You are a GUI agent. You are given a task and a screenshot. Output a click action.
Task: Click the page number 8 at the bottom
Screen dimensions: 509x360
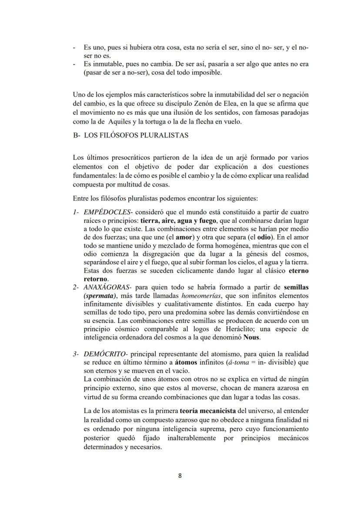(180, 475)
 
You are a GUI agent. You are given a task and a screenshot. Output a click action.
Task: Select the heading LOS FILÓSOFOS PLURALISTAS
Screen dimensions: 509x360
(136, 135)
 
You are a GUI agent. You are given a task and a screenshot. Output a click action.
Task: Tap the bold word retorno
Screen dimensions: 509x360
(96, 279)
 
